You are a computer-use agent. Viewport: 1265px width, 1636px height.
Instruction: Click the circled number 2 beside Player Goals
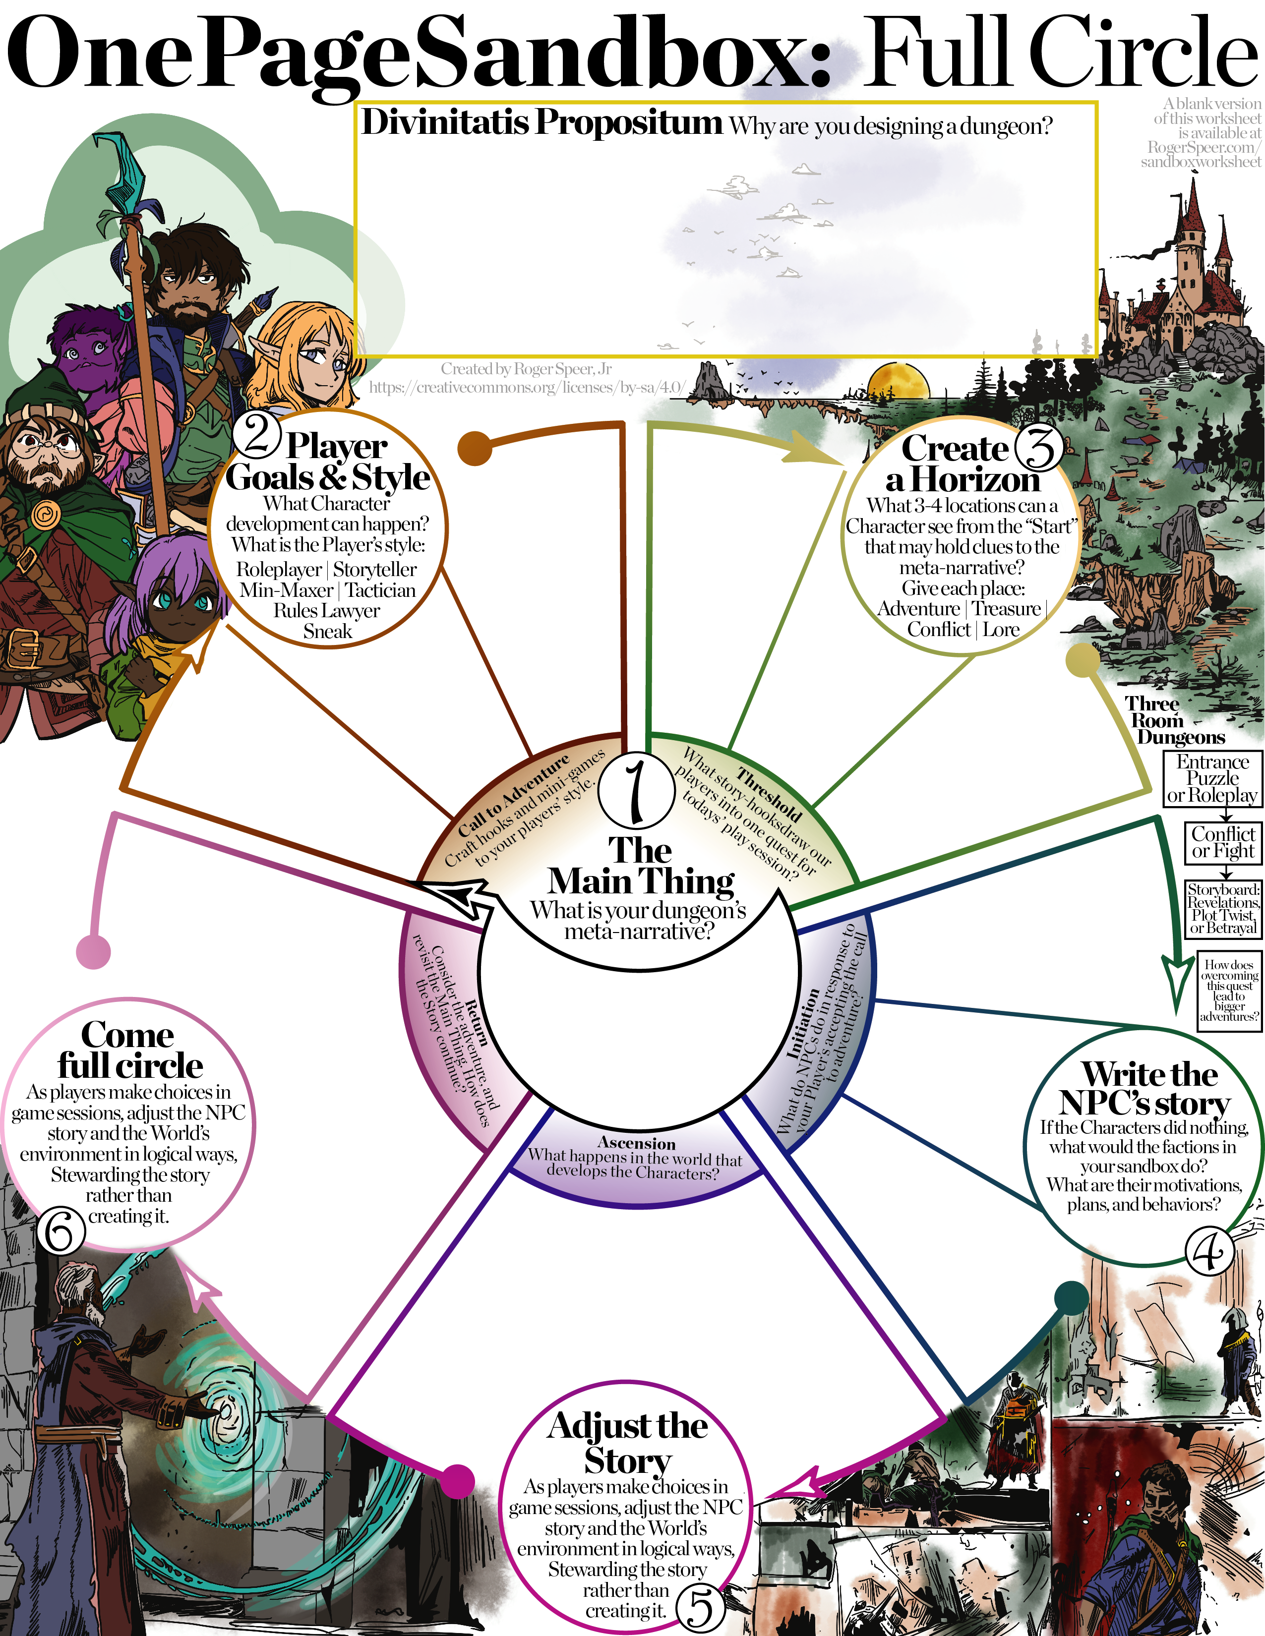pyautogui.click(x=257, y=434)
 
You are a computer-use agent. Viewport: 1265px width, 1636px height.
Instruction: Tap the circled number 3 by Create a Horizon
pyautogui.click(x=1039, y=447)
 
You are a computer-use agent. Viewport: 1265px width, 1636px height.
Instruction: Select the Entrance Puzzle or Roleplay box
pyautogui.click(x=1212, y=779)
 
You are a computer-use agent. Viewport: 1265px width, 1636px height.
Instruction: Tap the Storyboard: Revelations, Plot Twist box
pyautogui.click(x=1223, y=909)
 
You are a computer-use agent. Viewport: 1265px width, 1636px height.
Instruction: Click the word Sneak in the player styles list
pyautogui.click(x=327, y=632)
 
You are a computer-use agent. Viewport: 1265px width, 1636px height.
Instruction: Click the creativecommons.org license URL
pyautogui.click(x=526, y=387)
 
